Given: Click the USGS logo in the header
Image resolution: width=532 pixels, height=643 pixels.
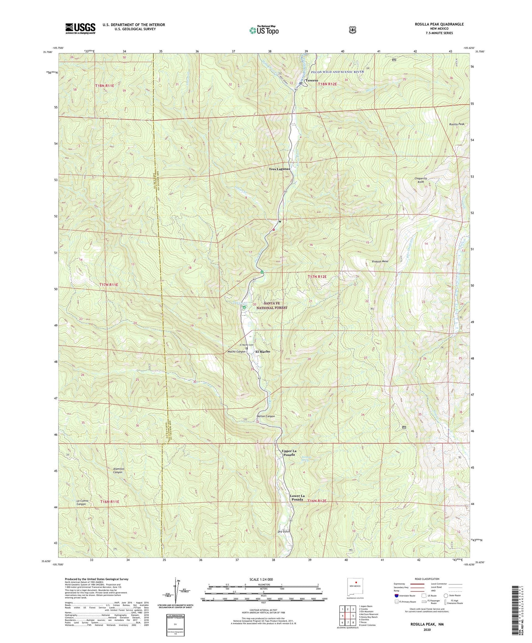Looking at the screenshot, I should pos(80,28).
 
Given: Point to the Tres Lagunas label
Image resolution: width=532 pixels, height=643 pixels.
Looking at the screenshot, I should pos(279,169).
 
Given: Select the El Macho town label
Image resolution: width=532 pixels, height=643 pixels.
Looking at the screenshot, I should pos(263,351).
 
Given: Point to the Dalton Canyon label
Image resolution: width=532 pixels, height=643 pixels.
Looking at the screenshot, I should pos(265,416).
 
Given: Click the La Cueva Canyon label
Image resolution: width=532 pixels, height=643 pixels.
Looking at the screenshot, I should pos(81,502).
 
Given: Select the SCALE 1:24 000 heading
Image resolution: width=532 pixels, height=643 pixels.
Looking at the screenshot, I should pos(263,580).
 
